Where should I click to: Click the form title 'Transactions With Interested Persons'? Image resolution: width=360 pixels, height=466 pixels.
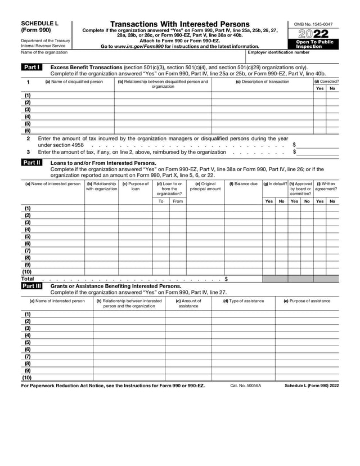coord(179,24)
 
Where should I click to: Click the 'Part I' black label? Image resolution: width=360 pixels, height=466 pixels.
coord(31,68)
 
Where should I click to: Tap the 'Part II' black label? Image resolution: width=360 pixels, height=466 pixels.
coord(31,163)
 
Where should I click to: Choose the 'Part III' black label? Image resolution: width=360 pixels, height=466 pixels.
coord(31,286)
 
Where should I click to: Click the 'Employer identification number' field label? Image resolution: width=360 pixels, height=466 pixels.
coord(278,52)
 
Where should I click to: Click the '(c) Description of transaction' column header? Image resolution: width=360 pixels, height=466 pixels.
coord(262,82)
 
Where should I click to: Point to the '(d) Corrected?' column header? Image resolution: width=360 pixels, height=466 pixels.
coord(326,82)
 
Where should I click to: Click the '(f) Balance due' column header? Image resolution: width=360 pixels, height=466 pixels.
coord(243,183)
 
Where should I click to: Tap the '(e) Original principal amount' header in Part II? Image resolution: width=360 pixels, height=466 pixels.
coord(205,186)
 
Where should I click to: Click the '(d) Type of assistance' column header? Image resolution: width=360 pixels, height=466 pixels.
coord(243,301)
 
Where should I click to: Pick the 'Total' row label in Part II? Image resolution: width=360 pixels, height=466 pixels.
coord(28,279)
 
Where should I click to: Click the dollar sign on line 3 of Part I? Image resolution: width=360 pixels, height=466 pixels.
coord(294,153)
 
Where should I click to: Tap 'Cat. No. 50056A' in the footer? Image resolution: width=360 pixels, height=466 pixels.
coord(246,386)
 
